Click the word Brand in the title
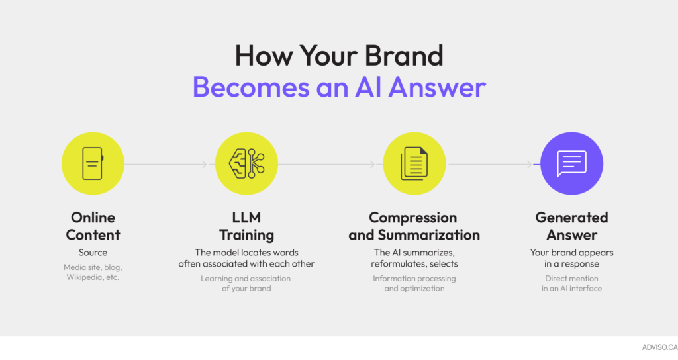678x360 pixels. pos(404,56)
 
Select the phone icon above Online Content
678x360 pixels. pos(93,163)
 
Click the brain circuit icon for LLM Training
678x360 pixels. pos(246,163)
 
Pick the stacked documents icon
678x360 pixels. pos(414,163)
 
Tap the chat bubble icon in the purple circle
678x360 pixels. pos(571,163)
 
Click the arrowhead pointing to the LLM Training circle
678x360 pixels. pos(205,164)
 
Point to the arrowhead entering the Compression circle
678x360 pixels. pos(372,164)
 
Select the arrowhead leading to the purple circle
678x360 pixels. pos(529,164)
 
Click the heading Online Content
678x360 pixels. pos(93,226)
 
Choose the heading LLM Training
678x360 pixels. pos(246,226)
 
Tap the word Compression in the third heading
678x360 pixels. pos(413,217)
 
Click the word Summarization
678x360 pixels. pos(429,235)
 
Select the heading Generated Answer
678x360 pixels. pos(571,226)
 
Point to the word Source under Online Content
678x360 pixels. pos(93,252)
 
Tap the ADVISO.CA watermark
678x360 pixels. pos(660,347)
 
